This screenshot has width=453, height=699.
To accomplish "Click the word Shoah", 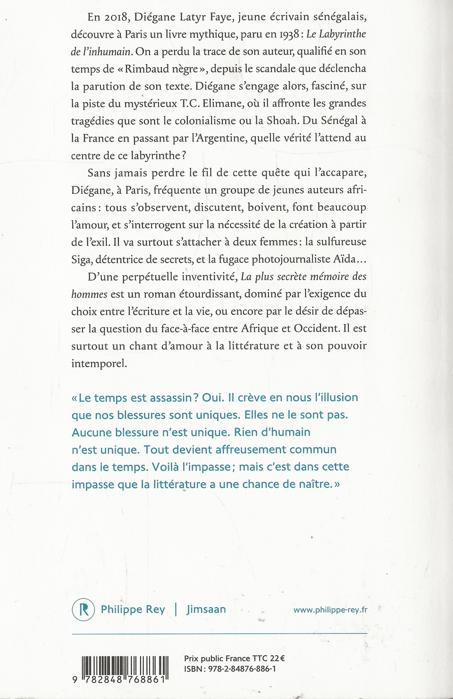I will point(282,121).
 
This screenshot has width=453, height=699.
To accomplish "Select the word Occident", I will point(316,328).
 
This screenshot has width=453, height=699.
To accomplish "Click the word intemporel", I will point(99,364).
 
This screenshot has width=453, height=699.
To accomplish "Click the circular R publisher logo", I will point(83,609).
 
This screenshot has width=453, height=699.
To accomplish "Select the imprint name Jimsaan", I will point(206,609).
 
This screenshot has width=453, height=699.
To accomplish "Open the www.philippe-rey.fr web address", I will point(330,610).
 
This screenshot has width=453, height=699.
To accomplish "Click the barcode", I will point(125,669).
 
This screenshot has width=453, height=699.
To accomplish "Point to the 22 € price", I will point(277,658).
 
